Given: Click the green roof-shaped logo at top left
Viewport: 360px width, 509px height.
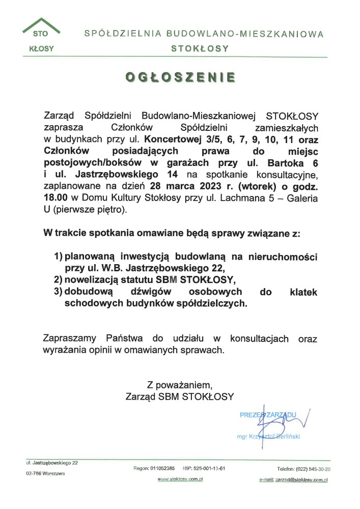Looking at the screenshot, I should pos(41,28).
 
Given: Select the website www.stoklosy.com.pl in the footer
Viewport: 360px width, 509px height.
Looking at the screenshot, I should pos(181,479).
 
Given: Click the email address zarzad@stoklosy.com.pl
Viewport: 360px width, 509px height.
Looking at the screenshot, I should pos(293,479).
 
